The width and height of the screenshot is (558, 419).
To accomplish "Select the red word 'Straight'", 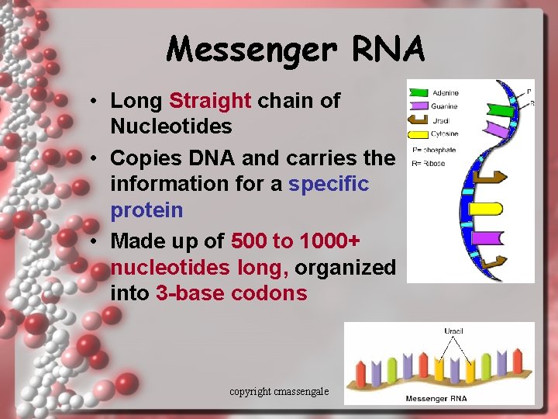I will pyautogui.click(x=210, y=100).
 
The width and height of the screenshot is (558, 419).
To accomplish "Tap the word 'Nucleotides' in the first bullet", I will pyautogui.click(x=171, y=126).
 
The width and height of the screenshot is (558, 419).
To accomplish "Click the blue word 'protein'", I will pyautogui.click(x=146, y=210).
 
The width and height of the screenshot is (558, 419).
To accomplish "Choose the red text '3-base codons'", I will pyautogui.click(x=231, y=293).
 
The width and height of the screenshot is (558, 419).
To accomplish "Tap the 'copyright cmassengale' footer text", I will pyautogui.click(x=279, y=392).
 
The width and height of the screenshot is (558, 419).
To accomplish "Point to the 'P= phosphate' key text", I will pyautogui.click(x=434, y=150).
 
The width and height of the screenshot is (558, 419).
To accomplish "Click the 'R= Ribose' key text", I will pyautogui.click(x=429, y=164).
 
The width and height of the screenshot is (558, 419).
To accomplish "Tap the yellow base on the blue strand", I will pyautogui.click(x=487, y=209).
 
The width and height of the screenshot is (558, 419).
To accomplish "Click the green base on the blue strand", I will pyautogui.click(x=500, y=110).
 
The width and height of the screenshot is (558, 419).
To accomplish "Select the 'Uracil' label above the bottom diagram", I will pyautogui.click(x=453, y=331).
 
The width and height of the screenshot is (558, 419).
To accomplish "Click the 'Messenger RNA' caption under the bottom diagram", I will pyautogui.click(x=436, y=399).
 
